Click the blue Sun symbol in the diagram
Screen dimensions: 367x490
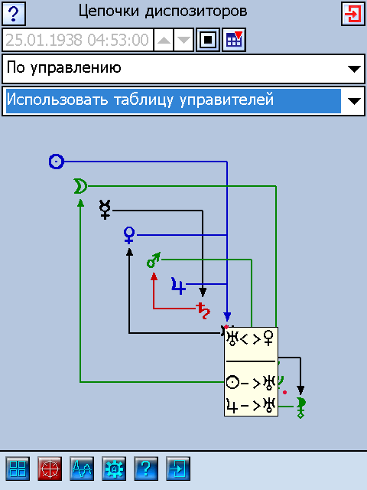coord(57,162)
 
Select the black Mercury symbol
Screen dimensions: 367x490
coord(105,210)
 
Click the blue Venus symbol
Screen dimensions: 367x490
coord(129,235)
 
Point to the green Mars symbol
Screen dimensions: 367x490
coord(154,260)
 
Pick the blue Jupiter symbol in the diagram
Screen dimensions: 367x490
coord(178,286)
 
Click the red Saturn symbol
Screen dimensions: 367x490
coord(203,310)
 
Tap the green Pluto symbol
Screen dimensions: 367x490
coord(300,407)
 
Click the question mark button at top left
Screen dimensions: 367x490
coord(14,14)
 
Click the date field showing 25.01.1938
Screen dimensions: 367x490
coord(77,40)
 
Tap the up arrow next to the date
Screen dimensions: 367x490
coord(164,40)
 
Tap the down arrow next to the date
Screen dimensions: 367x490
coord(183,40)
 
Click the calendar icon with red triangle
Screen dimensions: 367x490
coord(234,40)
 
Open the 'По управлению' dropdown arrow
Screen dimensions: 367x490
coord(354,69)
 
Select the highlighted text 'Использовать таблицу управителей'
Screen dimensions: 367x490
coord(140,100)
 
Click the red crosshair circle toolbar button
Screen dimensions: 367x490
coord(50,469)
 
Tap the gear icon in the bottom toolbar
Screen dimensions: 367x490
coord(114,469)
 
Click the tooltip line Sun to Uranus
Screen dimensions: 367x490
coord(251,383)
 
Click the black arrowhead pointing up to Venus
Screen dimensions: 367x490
coord(129,252)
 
